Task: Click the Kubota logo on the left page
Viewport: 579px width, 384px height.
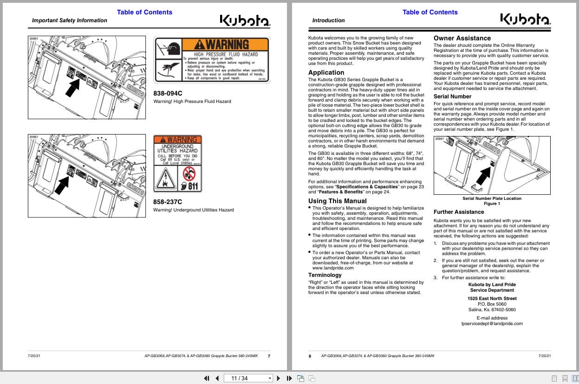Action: [x=245, y=20]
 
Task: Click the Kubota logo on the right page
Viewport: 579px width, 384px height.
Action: [x=525, y=20]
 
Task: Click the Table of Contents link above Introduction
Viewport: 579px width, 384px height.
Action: [x=429, y=12]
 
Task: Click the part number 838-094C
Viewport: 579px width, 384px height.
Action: [x=168, y=93]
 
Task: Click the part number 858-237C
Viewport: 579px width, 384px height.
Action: [x=168, y=202]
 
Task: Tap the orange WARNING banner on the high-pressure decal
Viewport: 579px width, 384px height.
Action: [x=226, y=45]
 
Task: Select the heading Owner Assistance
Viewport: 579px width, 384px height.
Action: [x=462, y=38]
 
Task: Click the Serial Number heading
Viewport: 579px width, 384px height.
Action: [x=452, y=96]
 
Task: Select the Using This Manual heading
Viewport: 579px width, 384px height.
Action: [x=338, y=201]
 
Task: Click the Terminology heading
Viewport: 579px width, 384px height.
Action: [x=325, y=275]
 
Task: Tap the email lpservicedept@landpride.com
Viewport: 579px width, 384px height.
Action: [x=492, y=324]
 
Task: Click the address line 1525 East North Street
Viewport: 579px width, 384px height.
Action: [x=492, y=299]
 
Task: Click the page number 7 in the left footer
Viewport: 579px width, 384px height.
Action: [x=269, y=356]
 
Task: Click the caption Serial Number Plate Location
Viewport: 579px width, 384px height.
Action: [x=492, y=198]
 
